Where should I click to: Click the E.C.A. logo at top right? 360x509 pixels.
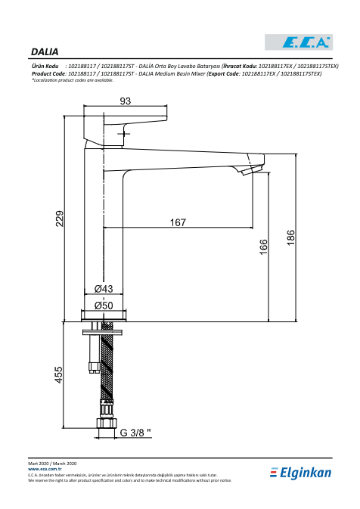click(299, 42)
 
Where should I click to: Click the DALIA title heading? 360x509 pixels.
click(45, 52)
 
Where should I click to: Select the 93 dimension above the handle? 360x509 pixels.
click(126, 101)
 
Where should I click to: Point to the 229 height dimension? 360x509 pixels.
click(59, 219)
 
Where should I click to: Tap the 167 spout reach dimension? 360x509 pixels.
click(178, 222)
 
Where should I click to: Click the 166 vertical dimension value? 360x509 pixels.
click(263, 247)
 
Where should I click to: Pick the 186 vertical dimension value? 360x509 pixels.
click(290, 237)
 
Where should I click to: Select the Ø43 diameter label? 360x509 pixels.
click(104, 289)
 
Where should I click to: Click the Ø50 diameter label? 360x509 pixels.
click(104, 306)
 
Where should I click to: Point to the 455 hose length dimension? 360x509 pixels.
click(58, 375)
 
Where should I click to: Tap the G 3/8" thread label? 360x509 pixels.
click(135, 433)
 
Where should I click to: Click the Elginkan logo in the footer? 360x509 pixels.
click(300, 473)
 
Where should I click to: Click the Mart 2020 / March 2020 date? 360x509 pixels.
click(52, 464)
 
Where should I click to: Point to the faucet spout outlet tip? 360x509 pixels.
click(253, 171)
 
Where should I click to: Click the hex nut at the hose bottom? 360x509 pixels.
click(106, 424)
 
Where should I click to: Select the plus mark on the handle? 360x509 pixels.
click(123, 134)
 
